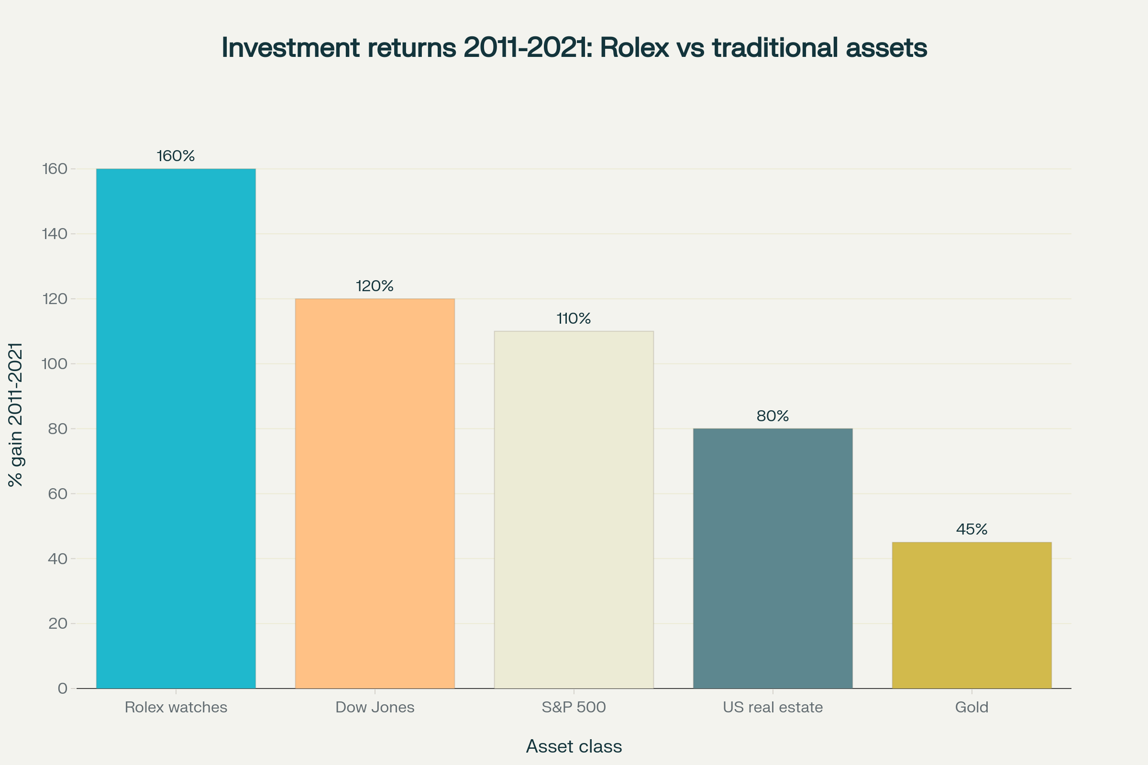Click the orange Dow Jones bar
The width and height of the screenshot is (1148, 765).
click(x=375, y=493)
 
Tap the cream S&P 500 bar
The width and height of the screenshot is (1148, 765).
click(x=574, y=510)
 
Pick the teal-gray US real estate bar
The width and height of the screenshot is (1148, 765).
click(x=773, y=558)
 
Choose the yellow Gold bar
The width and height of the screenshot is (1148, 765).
click(x=971, y=615)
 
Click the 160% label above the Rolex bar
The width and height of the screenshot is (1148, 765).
click(x=176, y=156)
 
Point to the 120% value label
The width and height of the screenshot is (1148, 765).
click(x=375, y=286)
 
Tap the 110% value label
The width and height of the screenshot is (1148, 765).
click(x=574, y=318)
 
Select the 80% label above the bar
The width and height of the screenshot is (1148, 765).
click(x=773, y=415)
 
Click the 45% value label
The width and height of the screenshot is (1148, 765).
click(x=971, y=529)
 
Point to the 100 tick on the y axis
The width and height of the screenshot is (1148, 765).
click(x=55, y=364)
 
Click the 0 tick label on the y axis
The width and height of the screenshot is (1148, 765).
click(x=63, y=688)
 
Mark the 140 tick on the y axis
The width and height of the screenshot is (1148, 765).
click(x=55, y=234)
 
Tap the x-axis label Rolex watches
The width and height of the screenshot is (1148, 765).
click(x=176, y=708)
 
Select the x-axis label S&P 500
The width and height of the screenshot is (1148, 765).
click(x=574, y=708)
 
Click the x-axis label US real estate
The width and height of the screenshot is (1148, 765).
click(x=773, y=708)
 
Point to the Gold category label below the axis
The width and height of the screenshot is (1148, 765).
click(x=971, y=708)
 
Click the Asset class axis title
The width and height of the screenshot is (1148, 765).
click(x=574, y=746)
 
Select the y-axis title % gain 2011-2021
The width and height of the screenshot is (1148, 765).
click(x=16, y=414)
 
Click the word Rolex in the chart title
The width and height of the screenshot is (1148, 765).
click(x=634, y=48)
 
